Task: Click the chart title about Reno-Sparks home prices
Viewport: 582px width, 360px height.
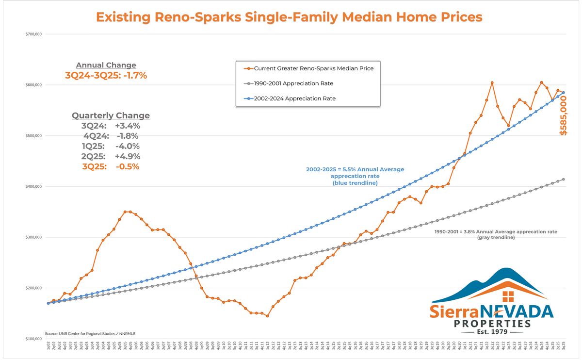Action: (x=289, y=17)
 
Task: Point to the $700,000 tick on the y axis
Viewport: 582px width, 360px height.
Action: (x=33, y=34)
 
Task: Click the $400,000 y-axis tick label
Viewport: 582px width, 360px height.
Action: (x=33, y=187)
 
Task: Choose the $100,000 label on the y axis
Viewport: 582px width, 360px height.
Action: (x=33, y=339)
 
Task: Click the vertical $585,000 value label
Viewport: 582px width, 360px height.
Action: (x=564, y=115)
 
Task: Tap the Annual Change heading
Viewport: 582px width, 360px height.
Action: (x=106, y=65)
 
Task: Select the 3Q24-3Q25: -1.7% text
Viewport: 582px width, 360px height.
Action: (x=106, y=76)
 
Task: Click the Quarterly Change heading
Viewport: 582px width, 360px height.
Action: (x=111, y=115)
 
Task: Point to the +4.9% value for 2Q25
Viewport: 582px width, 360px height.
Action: (x=128, y=156)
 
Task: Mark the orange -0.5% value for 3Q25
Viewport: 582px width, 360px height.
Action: (x=127, y=166)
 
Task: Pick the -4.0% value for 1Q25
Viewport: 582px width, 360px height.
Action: (x=128, y=146)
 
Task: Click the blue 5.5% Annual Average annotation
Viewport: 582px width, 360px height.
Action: (x=355, y=176)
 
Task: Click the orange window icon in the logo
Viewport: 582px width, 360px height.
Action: (x=508, y=296)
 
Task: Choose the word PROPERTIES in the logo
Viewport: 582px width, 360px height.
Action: (x=492, y=323)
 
